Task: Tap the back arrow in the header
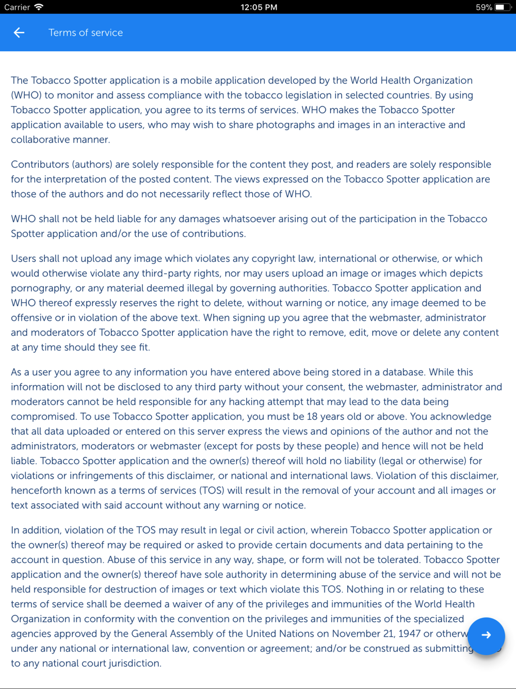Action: pyautogui.click(x=19, y=33)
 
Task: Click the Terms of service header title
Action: pyautogui.click(x=86, y=33)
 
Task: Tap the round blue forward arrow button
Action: pyautogui.click(x=486, y=635)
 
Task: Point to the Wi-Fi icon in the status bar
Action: pyautogui.click(x=39, y=7)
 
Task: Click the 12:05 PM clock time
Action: pyautogui.click(x=259, y=7)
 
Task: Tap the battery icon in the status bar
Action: pyautogui.click(x=502, y=7)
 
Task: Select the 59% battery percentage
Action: pyautogui.click(x=483, y=7)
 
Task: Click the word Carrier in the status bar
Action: pyautogui.click(x=17, y=7)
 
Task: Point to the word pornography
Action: pyautogui.click(x=41, y=288)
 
